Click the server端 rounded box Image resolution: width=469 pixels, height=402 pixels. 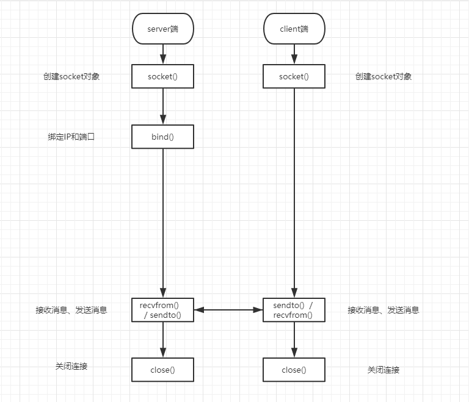click(162, 29)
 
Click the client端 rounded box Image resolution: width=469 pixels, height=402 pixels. click(294, 29)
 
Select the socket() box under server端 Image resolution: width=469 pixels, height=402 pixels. click(162, 76)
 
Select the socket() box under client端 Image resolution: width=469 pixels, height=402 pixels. click(294, 76)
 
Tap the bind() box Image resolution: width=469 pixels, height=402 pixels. click(162, 137)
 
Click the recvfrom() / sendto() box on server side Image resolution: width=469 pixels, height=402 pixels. click(162, 310)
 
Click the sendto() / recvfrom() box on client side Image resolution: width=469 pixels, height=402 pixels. click(294, 310)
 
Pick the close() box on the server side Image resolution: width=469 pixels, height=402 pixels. click(162, 370)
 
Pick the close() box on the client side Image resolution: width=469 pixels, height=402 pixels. click(294, 370)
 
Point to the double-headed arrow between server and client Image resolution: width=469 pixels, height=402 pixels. click(228, 310)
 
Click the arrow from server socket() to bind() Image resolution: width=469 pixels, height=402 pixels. click(162, 107)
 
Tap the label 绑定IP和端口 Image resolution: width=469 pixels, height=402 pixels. click(72, 137)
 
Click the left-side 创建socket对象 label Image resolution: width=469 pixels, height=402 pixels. click(71, 76)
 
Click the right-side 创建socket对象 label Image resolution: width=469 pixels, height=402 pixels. click(384, 76)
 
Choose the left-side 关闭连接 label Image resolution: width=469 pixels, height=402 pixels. click(71, 366)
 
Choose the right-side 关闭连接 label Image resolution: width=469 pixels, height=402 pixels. click(384, 370)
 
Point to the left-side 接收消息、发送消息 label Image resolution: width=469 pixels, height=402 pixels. click(71, 310)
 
